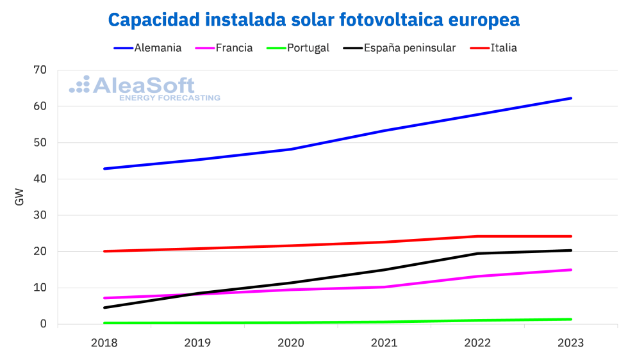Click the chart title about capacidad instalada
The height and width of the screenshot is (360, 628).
click(x=313, y=20)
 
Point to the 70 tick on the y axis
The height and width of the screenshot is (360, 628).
click(x=40, y=70)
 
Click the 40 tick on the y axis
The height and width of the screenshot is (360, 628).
click(x=40, y=179)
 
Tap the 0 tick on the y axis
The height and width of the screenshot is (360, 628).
click(x=43, y=324)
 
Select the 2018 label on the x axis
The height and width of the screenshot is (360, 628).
click(x=104, y=343)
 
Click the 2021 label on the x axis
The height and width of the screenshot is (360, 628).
click(x=384, y=343)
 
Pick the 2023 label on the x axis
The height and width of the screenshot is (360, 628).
click(x=571, y=343)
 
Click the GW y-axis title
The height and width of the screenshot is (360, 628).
click(x=19, y=197)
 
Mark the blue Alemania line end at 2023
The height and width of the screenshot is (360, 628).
click(x=570, y=98)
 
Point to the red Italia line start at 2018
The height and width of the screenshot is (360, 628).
click(x=104, y=251)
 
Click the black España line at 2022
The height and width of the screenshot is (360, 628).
click(x=477, y=254)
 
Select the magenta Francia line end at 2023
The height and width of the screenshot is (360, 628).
click(x=570, y=270)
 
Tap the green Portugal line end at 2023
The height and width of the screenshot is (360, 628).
click(x=570, y=319)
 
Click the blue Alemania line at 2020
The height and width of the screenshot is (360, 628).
click(x=291, y=149)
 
